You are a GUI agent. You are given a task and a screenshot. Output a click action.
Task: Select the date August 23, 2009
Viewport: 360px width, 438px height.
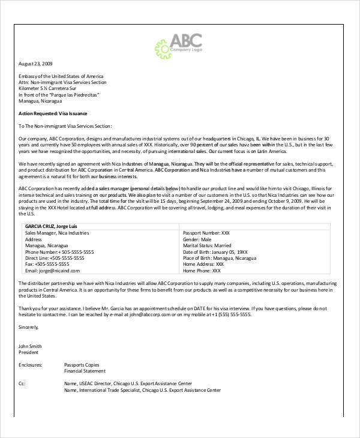pyautogui.click(x=35, y=63)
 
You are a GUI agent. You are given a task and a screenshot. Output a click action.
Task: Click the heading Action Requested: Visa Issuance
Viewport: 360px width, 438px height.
pyautogui.click(x=53, y=113)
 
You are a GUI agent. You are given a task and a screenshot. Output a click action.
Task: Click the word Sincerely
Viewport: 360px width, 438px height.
pyautogui.click(x=29, y=328)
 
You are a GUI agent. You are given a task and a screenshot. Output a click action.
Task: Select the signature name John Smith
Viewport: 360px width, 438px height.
pyautogui.click(x=31, y=346)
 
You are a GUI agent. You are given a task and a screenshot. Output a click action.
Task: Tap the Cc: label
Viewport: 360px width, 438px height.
pyautogui.click(x=22, y=382)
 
